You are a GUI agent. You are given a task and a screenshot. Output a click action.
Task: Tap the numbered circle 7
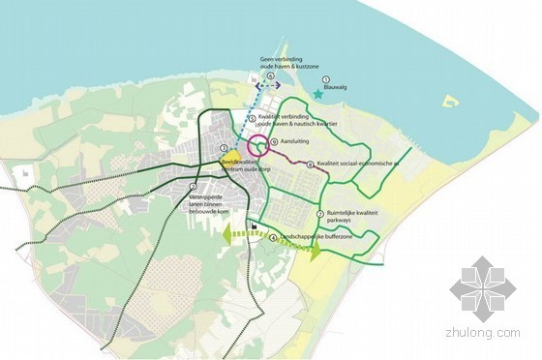[x=319, y=214]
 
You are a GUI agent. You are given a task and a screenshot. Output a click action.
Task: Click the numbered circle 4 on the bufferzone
[x=273, y=237]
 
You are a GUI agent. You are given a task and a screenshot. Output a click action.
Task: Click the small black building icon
[x=253, y=228]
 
